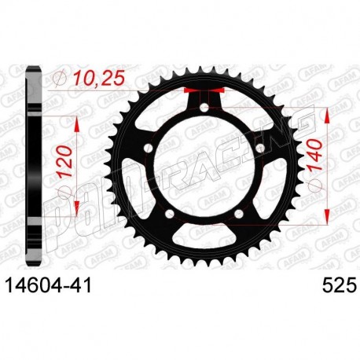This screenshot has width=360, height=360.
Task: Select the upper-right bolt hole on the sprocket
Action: (259, 149)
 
